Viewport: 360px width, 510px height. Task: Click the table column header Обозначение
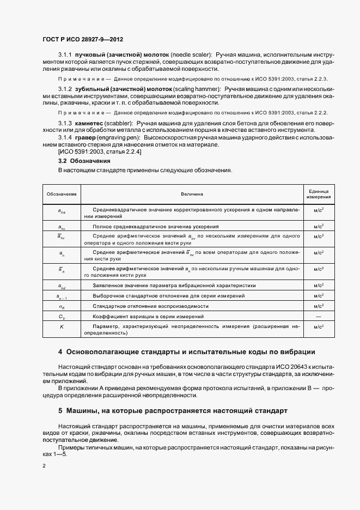[x=62, y=193]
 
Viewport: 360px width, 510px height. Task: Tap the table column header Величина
[x=192, y=193]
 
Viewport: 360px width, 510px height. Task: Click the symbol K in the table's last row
[x=62, y=326]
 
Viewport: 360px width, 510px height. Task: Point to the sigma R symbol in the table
[x=62, y=306]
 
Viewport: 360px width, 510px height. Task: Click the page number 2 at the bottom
[x=44, y=466]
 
